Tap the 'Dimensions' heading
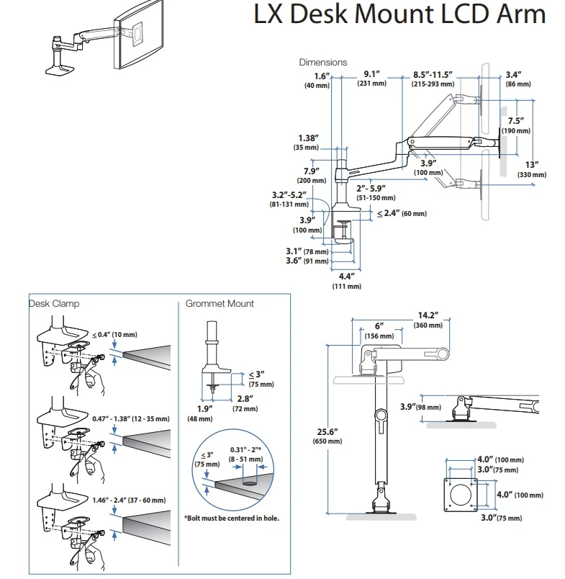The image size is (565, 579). click(323, 63)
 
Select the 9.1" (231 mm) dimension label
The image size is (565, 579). click(371, 78)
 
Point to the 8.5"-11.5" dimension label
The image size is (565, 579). click(432, 78)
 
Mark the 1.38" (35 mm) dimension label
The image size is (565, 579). click(311, 142)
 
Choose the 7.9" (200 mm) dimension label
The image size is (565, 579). click(312, 176)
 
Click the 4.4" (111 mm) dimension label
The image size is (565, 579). click(340, 280)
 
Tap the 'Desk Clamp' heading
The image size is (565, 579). click(55, 304)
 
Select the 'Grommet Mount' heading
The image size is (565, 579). click(220, 304)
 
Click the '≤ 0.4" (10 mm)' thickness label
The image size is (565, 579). click(114, 335)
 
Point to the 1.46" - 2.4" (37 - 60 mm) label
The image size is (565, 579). click(129, 501)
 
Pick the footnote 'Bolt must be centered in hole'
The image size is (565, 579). click(231, 518)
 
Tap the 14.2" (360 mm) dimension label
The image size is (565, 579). click(428, 319)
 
